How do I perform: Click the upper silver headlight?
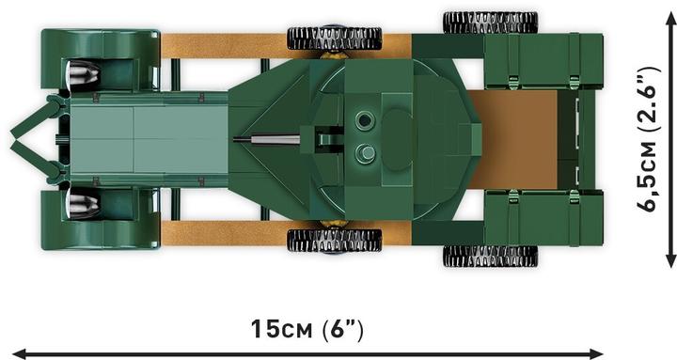point(84,71)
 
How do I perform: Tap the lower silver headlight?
point(84,199)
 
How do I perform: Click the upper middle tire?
point(334,38)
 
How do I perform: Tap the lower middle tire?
point(334,240)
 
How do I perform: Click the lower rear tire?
point(489,256)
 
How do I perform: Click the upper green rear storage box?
point(543,62)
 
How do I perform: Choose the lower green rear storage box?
point(543,217)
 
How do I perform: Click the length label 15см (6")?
point(307,330)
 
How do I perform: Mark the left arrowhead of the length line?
point(15,353)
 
